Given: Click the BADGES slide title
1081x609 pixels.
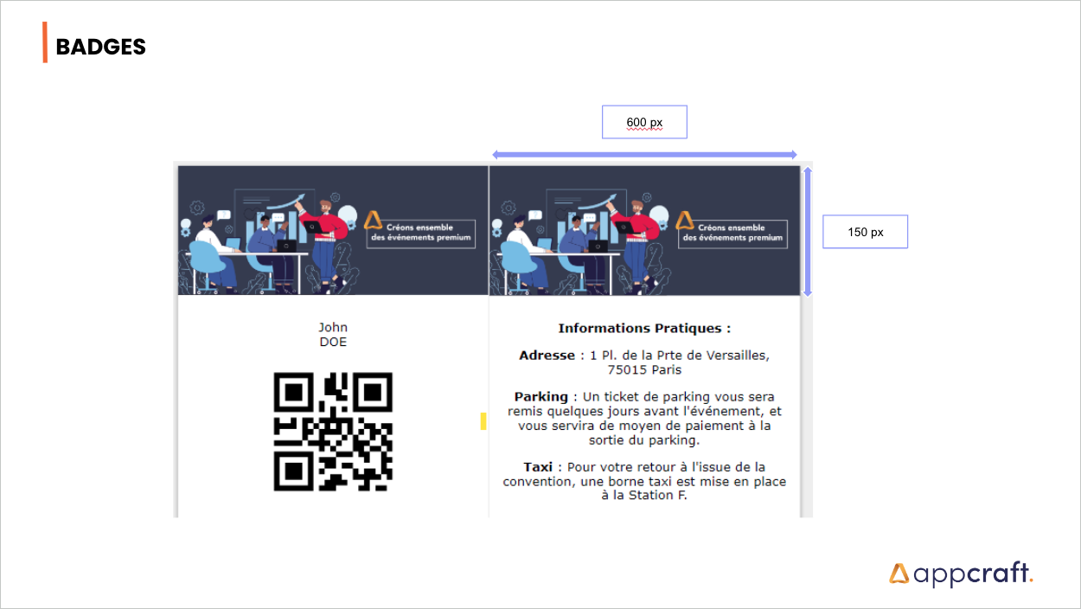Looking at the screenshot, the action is point(101,47).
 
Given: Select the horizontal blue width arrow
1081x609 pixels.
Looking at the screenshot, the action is point(644,155).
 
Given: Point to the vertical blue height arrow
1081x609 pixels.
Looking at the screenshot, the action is point(808,231).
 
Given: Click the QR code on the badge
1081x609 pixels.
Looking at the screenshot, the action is point(333,432).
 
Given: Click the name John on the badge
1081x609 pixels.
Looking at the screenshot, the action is point(333,327).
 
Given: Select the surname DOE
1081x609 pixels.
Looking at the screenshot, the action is point(333,343).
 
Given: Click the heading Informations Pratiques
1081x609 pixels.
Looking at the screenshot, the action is point(644,328).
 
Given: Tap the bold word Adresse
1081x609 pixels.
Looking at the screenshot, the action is point(547,356).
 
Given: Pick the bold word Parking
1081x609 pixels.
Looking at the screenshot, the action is point(541,397).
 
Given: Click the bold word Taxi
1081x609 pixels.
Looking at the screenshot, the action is point(538,467).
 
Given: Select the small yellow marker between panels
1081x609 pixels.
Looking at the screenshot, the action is point(483,420).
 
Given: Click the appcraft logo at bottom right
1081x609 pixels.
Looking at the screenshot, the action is point(961,574).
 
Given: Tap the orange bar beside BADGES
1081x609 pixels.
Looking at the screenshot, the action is point(45,42).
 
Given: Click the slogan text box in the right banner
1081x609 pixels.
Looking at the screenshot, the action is point(732,234).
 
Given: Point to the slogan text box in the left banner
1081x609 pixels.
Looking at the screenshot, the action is point(421,234).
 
